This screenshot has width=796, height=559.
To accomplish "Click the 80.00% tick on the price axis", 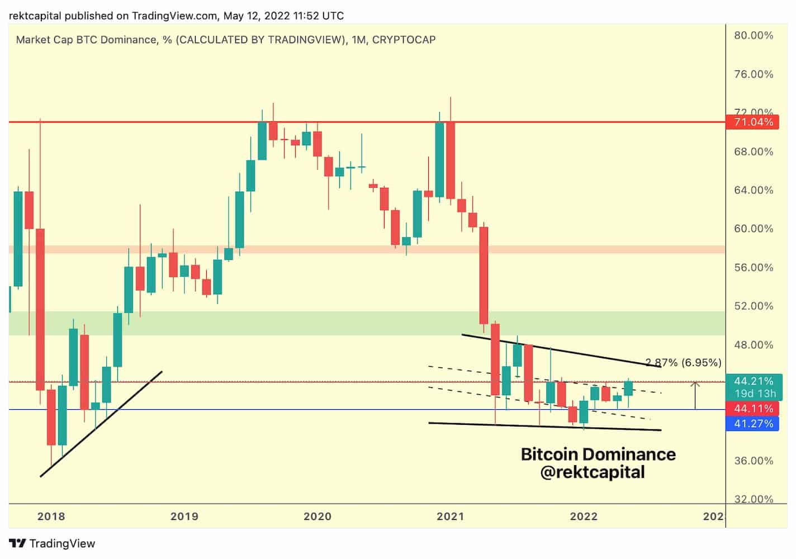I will (754, 36).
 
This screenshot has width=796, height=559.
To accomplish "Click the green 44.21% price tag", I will (754, 381).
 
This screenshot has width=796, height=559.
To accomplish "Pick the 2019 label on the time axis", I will (184, 516).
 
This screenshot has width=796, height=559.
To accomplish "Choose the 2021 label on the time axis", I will (450, 516).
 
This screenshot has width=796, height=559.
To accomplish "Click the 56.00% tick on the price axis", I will (754, 267).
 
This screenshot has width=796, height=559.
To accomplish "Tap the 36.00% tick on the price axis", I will (754, 461).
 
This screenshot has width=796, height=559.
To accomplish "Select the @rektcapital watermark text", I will (593, 472).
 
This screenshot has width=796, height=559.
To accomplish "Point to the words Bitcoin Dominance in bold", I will (598, 454).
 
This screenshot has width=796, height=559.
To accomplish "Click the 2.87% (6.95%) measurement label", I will (683, 363).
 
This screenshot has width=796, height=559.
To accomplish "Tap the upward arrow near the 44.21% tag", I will (695, 395).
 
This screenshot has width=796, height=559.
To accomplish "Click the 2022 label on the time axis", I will (584, 516).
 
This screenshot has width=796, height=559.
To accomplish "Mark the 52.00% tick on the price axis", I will (754, 306).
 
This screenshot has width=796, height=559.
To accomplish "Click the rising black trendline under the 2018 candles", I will (101, 424).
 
